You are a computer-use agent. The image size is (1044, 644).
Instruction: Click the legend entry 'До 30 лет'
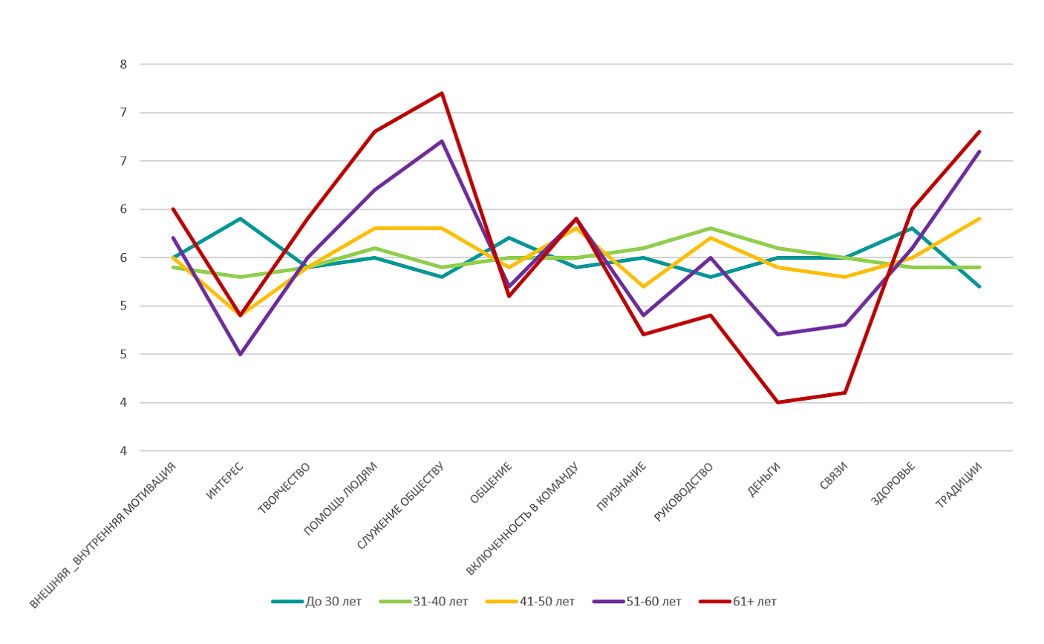(x=333, y=602)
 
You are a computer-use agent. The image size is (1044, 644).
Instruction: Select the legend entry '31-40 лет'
(x=440, y=602)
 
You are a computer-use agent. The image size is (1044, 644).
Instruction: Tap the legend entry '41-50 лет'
(x=547, y=602)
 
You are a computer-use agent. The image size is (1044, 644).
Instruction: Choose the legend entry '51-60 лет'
(x=653, y=602)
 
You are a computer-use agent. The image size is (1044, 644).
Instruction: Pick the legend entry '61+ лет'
(x=754, y=602)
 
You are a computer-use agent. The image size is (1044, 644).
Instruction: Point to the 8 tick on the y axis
(x=123, y=65)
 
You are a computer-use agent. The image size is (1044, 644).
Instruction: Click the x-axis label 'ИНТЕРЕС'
(x=225, y=480)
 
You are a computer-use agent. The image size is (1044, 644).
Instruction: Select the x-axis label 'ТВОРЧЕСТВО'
(x=284, y=488)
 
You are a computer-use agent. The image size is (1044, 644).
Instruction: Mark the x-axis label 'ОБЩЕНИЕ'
(x=491, y=483)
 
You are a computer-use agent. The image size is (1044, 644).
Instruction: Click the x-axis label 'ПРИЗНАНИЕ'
(x=621, y=487)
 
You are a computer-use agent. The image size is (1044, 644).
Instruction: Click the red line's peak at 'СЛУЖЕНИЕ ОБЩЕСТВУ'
(x=442, y=93)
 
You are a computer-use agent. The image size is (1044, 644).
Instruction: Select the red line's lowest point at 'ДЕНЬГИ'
(x=777, y=402)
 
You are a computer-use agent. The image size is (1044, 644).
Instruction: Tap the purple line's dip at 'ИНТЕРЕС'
(x=240, y=355)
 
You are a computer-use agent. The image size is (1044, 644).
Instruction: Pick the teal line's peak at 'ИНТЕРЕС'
(x=240, y=219)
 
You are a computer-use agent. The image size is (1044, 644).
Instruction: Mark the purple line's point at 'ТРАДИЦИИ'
(x=979, y=151)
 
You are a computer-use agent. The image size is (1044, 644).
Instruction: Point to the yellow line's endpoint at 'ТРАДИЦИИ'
(x=979, y=219)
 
